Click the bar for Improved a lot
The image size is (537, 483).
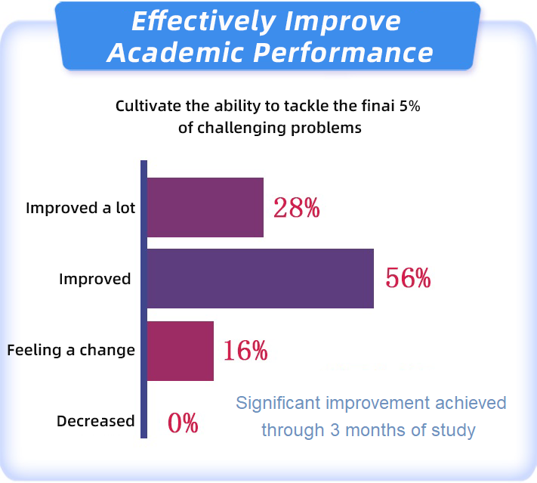tap(205, 207)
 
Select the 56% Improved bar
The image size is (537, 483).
tap(261, 278)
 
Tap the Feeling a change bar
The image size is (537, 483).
tap(181, 351)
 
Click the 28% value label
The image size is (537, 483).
tap(297, 208)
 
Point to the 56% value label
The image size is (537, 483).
tap(408, 278)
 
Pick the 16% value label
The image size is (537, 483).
tap(245, 350)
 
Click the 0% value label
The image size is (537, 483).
tap(183, 423)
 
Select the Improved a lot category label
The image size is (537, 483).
tap(81, 208)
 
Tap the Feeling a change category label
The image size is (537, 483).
tap(71, 350)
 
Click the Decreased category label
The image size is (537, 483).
tap(96, 421)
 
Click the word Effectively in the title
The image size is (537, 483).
tap(204, 21)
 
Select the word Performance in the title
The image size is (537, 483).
tap(343, 52)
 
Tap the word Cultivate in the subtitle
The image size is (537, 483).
tap(149, 106)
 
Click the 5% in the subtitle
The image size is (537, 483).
tap(409, 106)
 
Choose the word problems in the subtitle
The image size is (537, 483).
tap(326, 128)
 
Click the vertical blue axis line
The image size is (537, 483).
tap(144, 299)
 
